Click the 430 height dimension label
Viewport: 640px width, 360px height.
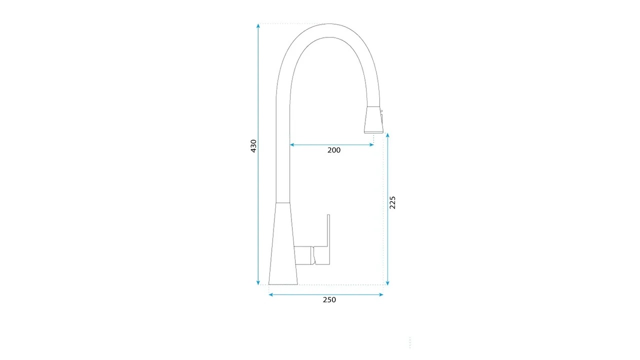click(x=253, y=146)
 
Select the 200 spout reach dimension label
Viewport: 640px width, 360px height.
click(x=333, y=150)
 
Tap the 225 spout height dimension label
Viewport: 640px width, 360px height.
click(x=392, y=202)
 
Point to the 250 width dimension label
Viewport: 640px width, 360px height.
click(x=329, y=299)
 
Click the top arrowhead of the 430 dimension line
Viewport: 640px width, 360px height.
click(x=258, y=25)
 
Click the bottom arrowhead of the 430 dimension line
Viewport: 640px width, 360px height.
click(x=258, y=283)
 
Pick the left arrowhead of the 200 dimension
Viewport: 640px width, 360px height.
click(x=292, y=145)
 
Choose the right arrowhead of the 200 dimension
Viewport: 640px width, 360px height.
click(x=371, y=145)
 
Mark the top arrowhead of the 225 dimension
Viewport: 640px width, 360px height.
click(x=387, y=135)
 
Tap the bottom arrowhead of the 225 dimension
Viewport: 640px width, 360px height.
click(x=387, y=283)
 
